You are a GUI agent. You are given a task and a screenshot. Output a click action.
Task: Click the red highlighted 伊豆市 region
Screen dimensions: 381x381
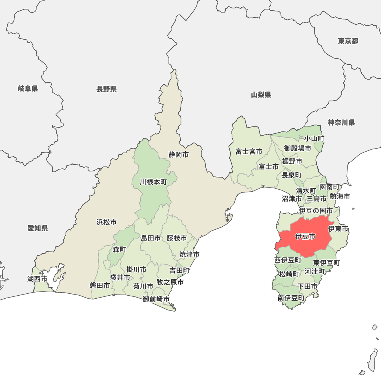point(305,236)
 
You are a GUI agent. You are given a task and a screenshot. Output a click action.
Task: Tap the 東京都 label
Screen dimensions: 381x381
point(348,41)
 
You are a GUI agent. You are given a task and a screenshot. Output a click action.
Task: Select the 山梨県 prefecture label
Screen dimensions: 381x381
point(261,95)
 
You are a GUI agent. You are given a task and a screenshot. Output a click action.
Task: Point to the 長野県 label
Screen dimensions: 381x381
point(106,89)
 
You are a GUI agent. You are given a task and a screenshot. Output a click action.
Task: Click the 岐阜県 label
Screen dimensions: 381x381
point(28,89)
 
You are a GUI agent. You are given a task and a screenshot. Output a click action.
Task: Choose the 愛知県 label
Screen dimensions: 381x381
point(38,228)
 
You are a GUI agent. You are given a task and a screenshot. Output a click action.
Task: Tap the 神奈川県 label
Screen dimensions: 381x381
point(341,122)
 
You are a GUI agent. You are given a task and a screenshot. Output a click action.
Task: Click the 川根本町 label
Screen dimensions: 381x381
point(153,182)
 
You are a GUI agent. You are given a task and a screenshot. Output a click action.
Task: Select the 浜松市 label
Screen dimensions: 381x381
point(106,222)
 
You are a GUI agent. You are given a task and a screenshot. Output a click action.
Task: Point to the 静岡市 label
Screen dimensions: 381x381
point(179,155)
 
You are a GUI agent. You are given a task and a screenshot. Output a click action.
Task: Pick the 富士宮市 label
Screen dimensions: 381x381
point(248,152)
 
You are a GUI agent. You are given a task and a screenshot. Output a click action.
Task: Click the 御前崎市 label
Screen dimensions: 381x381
point(156,299)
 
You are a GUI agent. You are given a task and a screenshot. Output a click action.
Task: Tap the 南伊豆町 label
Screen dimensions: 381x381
point(291,298)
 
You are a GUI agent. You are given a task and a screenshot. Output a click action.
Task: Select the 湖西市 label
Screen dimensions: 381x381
point(37,279)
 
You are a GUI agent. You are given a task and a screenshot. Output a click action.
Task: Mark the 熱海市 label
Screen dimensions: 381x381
point(340,197)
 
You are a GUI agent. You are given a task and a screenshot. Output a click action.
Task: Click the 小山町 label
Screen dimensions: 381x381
point(314,139)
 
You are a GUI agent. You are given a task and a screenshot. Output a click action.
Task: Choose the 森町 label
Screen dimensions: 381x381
point(119,249)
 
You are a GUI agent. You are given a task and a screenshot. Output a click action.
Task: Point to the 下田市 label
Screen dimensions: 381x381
point(307,286)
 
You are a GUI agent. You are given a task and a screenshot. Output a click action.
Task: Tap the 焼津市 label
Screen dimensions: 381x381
point(190,254)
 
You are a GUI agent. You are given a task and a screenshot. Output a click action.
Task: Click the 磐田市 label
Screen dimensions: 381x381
point(100,285)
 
